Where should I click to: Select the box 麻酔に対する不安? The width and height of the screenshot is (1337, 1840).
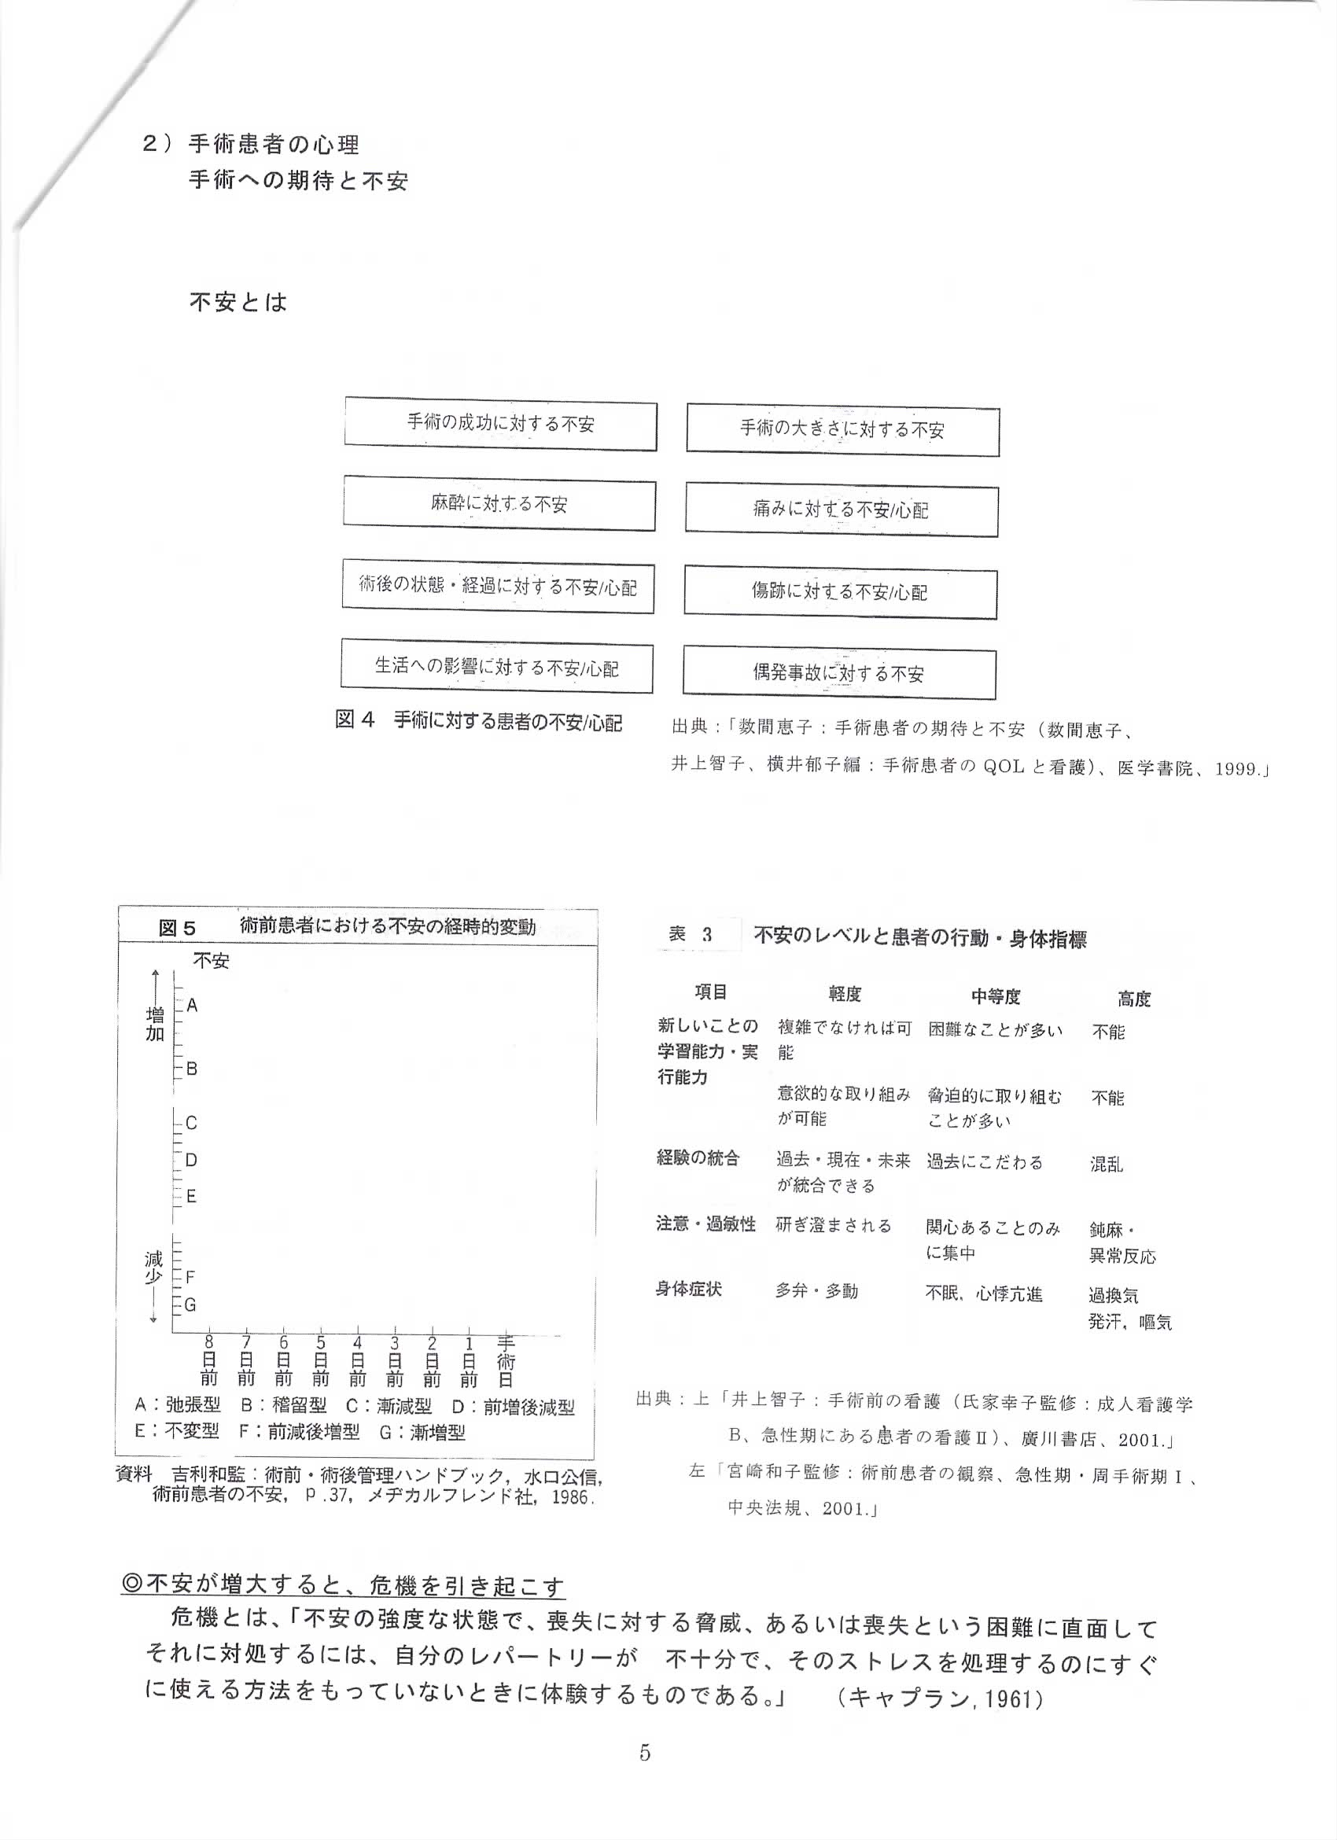click(x=499, y=504)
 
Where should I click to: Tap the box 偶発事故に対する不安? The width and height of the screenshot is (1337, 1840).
click(x=839, y=672)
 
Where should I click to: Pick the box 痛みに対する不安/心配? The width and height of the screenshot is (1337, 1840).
click(x=842, y=510)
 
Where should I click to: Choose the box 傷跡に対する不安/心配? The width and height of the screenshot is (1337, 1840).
click(x=840, y=592)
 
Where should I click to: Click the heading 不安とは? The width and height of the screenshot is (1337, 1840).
click(x=238, y=304)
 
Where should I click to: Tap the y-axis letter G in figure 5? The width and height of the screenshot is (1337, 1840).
click(x=190, y=1305)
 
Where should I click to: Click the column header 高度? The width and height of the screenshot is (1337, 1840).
click(x=1133, y=999)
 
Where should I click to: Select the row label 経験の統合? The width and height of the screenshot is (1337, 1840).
click(x=698, y=1157)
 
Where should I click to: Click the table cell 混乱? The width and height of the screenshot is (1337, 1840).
click(x=1107, y=1165)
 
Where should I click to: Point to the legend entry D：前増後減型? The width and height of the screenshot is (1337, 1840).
click(x=513, y=1408)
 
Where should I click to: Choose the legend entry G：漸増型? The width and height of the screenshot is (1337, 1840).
click(x=422, y=1432)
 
